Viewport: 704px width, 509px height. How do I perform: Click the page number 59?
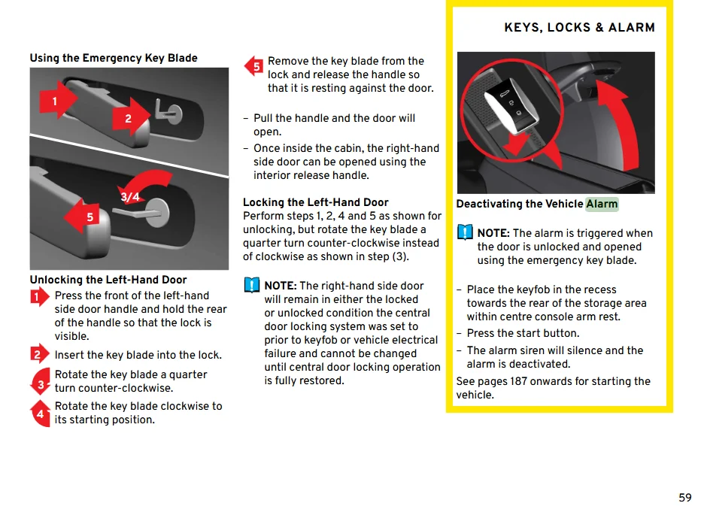(x=684, y=498)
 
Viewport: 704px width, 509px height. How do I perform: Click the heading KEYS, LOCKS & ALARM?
(x=579, y=28)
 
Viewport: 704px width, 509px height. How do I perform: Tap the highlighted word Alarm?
(x=602, y=204)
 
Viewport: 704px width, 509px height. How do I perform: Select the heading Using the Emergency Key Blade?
(x=114, y=58)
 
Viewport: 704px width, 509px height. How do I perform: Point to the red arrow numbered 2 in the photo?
(x=132, y=118)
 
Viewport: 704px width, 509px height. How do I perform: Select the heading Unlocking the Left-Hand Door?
(x=108, y=280)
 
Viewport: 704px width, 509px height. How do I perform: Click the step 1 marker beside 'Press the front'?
(x=40, y=298)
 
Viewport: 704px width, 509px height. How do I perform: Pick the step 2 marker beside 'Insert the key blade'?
(x=40, y=355)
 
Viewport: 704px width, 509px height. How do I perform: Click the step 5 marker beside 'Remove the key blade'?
(x=255, y=66)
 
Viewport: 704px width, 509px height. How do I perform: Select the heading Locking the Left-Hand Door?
(x=316, y=202)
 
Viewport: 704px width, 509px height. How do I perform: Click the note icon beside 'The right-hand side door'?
(x=251, y=286)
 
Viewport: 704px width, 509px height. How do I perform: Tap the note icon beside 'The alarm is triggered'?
(x=466, y=232)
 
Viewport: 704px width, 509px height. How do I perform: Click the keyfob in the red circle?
(x=511, y=101)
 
